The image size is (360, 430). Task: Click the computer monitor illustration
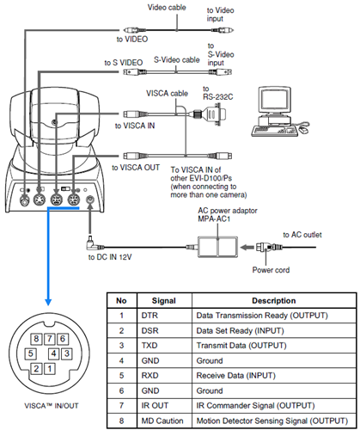click(275, 101)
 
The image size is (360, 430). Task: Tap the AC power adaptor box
click(217, 247)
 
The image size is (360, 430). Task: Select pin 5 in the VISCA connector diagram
click(30, 353)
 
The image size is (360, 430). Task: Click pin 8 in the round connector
click(36, 339)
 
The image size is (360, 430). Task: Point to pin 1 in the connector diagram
click(50, 368)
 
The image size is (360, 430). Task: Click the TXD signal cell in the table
click(164, 346)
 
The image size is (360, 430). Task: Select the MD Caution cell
click(164, 421)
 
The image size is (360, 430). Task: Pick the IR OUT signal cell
click(164, 406)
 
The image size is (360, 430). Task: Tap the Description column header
click(274, 301)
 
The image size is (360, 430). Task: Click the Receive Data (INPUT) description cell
click(274, 376)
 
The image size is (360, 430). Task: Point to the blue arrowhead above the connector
click(48, 302)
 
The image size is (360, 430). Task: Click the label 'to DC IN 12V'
click(110, 257)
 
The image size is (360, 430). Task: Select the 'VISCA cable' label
click(167, 94)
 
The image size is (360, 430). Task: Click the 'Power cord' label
click(271, 270)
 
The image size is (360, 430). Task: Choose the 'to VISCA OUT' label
click(136, 168)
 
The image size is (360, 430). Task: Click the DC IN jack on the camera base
click(90, 200)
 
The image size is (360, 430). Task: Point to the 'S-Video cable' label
click(177, 60)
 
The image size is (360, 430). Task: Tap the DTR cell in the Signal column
click(164, 316)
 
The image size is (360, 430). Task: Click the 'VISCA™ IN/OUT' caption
click(52, 406)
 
